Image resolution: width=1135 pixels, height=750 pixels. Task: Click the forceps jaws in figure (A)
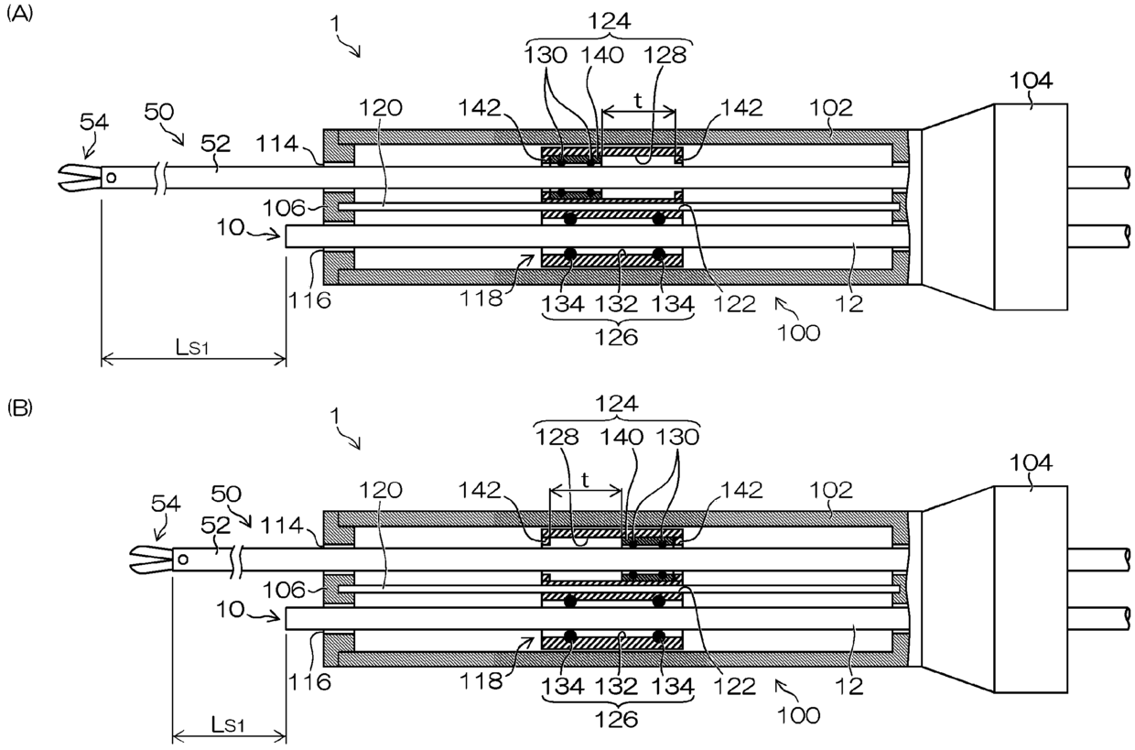point(80,178)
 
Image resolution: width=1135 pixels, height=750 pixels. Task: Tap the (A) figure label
point(19,15)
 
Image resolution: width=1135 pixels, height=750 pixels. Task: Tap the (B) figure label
point(19,408)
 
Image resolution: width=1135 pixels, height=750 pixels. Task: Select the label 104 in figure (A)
point(1032,81)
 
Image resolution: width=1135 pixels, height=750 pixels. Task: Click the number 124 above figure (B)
point(617,404)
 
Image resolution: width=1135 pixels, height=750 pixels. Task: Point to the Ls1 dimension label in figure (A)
point(192,348)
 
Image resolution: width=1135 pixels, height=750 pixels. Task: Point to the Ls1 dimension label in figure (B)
point(228,725)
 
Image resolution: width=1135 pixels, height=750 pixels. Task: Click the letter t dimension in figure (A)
point(639,101)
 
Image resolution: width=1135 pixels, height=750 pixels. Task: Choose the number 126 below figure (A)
point(617,337)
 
